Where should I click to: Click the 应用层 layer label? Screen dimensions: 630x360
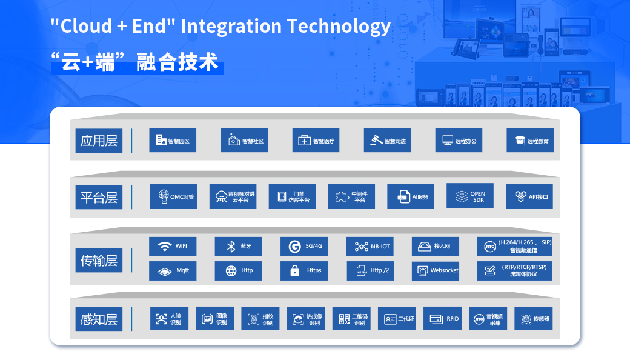point(99,141)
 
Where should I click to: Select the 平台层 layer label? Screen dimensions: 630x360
point(99,198)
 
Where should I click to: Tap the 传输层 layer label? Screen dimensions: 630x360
point(99,261)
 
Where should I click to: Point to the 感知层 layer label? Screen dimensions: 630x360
point(99,319)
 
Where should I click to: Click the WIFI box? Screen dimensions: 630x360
point(173,246)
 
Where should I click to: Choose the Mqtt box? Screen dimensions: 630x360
point(173,271)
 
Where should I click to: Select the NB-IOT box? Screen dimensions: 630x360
point(370,246)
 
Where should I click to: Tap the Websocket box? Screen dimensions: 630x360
point(436,271)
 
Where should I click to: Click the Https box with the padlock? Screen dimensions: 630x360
point(304,271)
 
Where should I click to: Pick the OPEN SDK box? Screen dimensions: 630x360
point(470,196)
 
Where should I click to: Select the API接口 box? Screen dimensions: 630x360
point(529,196)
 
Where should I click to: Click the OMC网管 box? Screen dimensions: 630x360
point(174,196)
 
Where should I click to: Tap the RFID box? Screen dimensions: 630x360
point(442,318)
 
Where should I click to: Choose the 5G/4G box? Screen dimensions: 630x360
point(304,246)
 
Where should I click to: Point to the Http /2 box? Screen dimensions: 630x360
point(371,271)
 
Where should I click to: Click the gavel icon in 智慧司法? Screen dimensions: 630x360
point(376,140)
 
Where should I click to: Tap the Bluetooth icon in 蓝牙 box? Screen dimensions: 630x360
point(231,246)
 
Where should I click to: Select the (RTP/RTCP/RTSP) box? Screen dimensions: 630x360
point(515,271)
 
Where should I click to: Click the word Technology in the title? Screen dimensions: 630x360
point(338,27)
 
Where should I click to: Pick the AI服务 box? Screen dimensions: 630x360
point(411,196)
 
